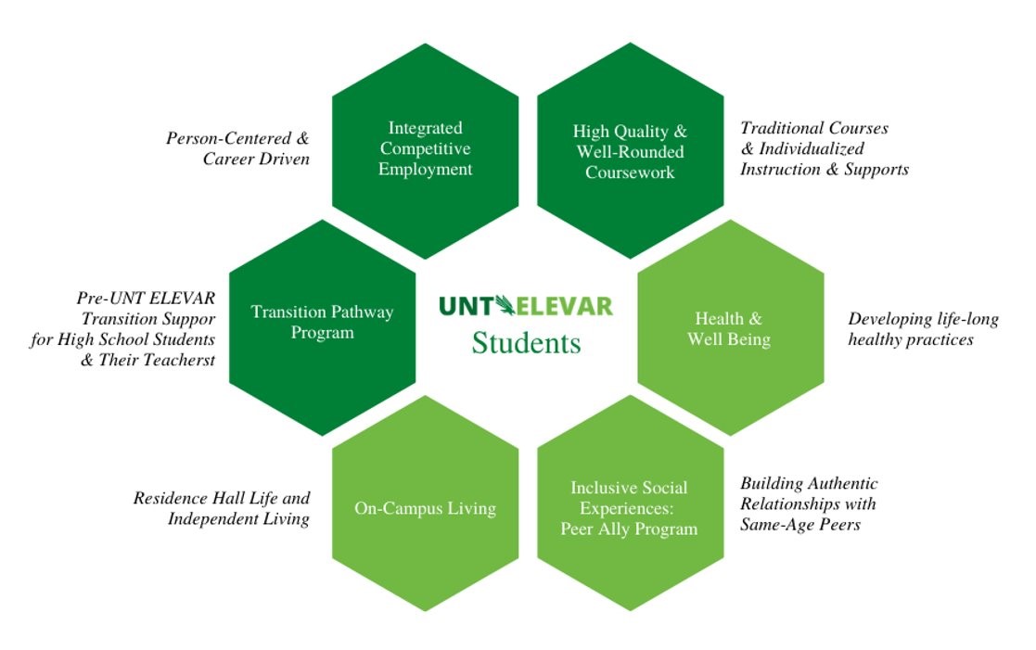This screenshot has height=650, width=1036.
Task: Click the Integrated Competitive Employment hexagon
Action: click(x=425, y=149)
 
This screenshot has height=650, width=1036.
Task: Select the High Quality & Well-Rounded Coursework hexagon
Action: click(x=630, y=151)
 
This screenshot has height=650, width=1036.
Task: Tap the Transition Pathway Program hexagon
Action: click(x=322, y=322)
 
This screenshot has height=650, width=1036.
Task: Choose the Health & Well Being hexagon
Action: click(x=729, y=328)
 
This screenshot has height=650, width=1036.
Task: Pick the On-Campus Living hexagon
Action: click(x=425, y=508)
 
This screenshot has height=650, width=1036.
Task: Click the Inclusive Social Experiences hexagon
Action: click(x=630, y=508)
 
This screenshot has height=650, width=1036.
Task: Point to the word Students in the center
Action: click(x=526, y=343)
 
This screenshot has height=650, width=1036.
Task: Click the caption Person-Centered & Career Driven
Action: click(x=237, y=148)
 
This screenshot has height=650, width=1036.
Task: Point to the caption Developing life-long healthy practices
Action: click(x=923, y=329)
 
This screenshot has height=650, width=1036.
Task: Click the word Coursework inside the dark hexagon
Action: click(x=630, y=172)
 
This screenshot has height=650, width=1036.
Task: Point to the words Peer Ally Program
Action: click(x=628, y=529)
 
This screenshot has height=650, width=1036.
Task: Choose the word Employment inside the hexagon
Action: click(x=425, y=170)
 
